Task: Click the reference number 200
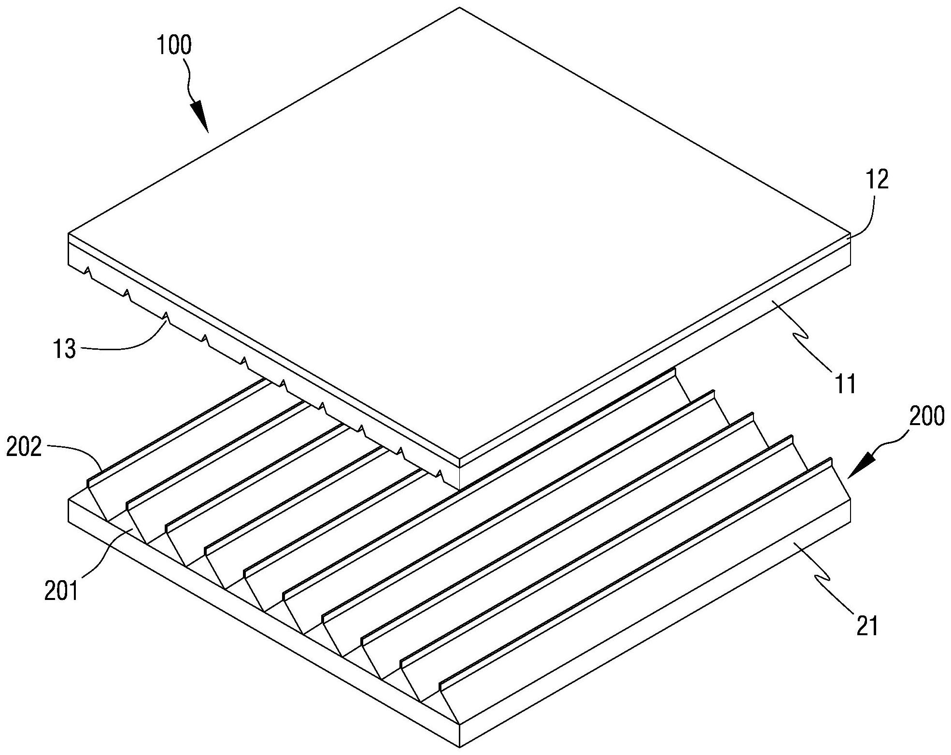(x=926, y=416)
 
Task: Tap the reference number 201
(x=61, y=590)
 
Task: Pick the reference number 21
(x=867, y=627)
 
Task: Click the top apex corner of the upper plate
(x=459, y=7)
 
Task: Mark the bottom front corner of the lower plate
(x=460, y=746)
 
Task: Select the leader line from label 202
(x=77, y=452)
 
